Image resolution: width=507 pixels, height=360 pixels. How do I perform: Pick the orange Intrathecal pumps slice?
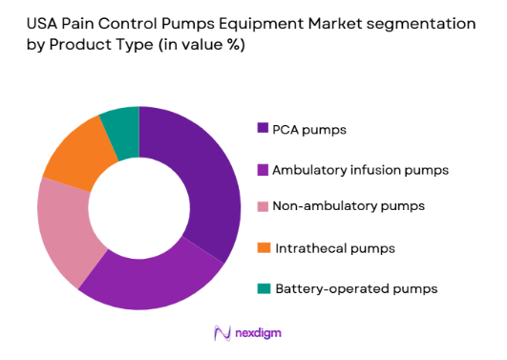(x=74, y=153)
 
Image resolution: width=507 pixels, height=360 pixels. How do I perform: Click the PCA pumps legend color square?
(x=262, y=128)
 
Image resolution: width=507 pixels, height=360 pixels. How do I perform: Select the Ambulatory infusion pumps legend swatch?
(x=262, y=170)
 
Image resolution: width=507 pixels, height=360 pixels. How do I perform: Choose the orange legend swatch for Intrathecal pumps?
(x=262, y=248)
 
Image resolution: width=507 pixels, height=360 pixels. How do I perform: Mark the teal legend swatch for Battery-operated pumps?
(x=262, y=287)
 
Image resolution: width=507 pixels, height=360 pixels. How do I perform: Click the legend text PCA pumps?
(x=309, y=128)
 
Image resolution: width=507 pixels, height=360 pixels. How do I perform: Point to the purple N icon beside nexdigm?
(x=222, y=332)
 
